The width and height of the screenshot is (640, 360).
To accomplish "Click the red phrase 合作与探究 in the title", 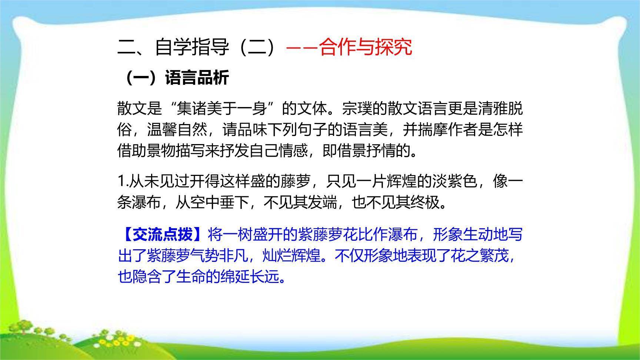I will point(366,47).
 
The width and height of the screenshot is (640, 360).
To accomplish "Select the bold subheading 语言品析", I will point(197,78).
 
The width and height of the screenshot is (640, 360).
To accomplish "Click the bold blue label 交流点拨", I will point(163,234).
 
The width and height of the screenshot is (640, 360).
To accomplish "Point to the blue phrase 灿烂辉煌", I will point(291,256).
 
